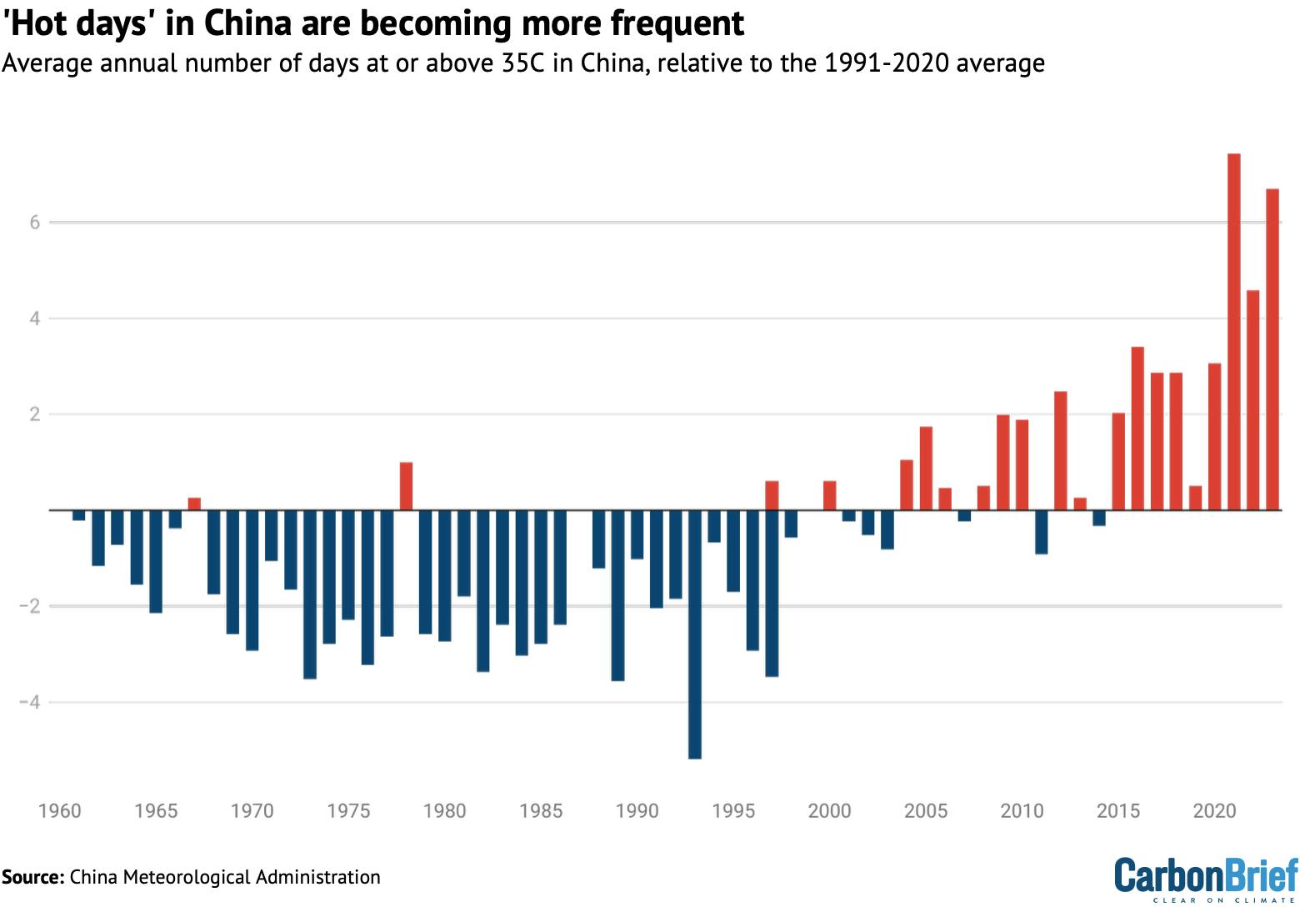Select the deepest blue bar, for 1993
[695, 634]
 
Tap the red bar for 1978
[407, 486]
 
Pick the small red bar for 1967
[194, 504]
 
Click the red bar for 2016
[1137, 428]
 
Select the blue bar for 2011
[1041, 532]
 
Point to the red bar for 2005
[926, 469]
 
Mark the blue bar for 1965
[156, 561]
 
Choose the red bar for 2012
[1060, 451]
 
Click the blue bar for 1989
[617, 595]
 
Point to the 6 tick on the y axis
[35, 223]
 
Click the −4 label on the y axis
[30, 703]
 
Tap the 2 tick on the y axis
[35, 414]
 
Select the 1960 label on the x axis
[60, 811]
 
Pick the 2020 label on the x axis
[1214, 811]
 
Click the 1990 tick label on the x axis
[637, 811]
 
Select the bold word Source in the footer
[32, 877]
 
